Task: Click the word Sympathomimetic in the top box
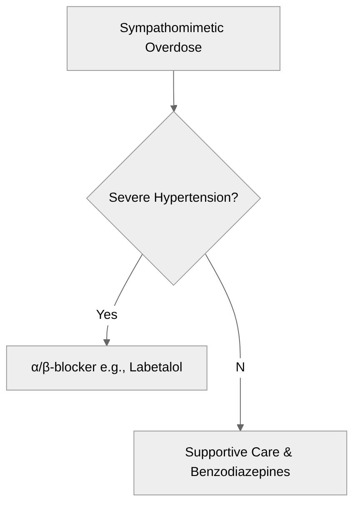(172, 28)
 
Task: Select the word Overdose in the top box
(173, 48)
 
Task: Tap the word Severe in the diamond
(130, 198)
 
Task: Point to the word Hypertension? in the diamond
(196, 198)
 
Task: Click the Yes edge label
(107, 315)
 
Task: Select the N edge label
(240, 367)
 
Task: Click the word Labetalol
(156, 367)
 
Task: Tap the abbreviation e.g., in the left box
(113, 367)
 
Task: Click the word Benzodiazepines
(240, 471)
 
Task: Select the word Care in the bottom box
(265, 452)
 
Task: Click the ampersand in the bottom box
(288, 452)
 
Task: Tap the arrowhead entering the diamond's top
(174, 108)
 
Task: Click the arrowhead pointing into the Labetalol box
(107, 342)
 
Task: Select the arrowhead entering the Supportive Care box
(240, 427)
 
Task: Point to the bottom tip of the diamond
(174, 285)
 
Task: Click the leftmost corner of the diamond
(87, 198)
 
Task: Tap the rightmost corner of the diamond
(260, 198)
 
